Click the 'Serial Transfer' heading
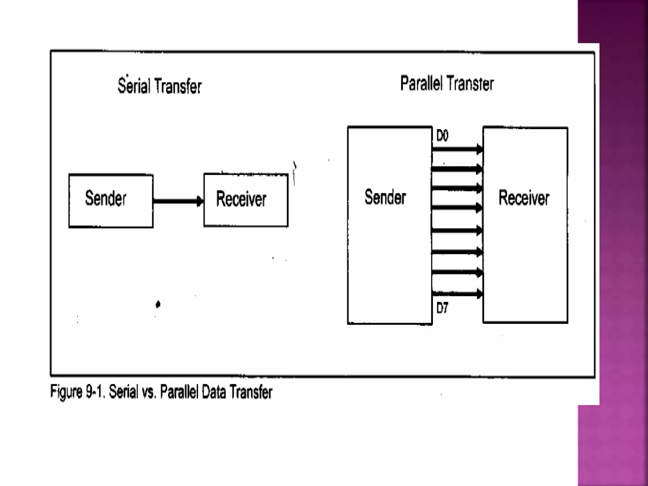159,86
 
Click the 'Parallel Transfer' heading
447,84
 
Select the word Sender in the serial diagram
106,198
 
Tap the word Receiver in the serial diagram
241,199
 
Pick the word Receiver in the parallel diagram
524,198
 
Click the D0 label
442,136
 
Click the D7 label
442,308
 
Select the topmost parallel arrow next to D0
457,149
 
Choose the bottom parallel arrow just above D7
457,294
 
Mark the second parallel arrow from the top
457,169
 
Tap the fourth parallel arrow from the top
457,208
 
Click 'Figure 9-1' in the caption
78,392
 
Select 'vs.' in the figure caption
149,392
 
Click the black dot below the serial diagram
158,304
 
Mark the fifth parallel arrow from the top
457,230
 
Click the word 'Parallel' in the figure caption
179,392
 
